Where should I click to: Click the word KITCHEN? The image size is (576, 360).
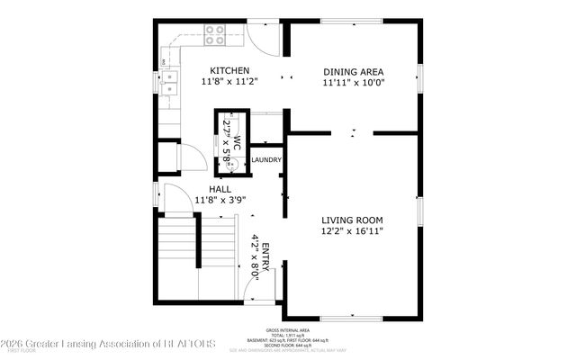click(x=229, y=70)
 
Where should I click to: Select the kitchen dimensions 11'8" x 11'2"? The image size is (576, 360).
click(x=229, y=81)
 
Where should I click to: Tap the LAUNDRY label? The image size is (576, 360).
click(x=266, y=160)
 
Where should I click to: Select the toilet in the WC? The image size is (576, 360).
click(x=230, y=165)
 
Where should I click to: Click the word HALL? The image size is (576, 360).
click(x=220, y=190)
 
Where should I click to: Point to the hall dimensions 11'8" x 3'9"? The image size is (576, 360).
click(x=220, y=201)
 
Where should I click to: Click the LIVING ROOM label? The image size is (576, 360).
click(x=353, y=220)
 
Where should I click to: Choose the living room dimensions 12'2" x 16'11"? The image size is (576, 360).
click(x=353, y=230)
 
